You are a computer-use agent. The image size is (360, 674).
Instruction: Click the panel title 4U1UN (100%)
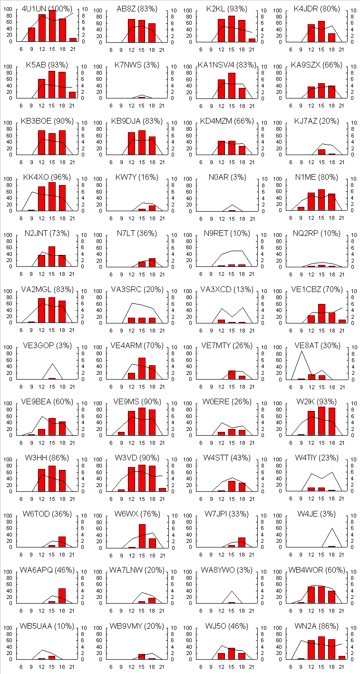pyautogui.click(x=47, y=8)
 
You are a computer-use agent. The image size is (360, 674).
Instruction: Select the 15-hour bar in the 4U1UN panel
pyautogui.click(x=52, y=26)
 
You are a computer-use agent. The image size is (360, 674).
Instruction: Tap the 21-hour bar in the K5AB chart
pyautogui.click(x=72, y=95)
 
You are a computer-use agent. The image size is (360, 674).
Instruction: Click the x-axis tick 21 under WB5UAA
pyautogui.click(x=72, y=666)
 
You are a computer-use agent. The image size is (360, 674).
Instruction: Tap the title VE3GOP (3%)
pyautogui.click(x=47, y=345)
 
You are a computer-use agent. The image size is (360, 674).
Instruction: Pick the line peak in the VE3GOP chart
pyautogui.click(x=52, y=364)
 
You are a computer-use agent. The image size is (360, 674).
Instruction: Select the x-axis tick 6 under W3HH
pyautogui.click(x=21, y=498)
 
